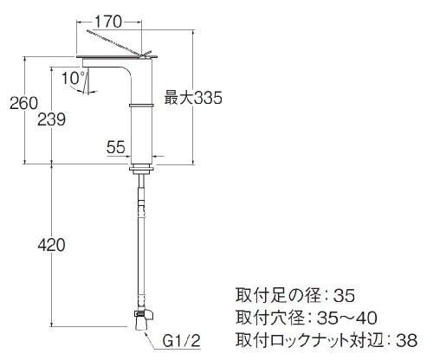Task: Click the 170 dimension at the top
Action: [x=108, y=22]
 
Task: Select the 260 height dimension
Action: [x=23, y=103]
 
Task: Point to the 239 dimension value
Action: [x=52, y=119]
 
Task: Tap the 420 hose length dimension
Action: [x=52, y=246]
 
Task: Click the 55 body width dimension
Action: [x=116, y=147]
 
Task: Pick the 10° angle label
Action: [x=74, y=78]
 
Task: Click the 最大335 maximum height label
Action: [x=193, y=98]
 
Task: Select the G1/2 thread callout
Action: [x=182, y=341]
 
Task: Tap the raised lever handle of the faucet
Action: [x=119, y=42]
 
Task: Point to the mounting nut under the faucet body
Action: [x=141, y=170]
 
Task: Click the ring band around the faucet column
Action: [x=141, y=106]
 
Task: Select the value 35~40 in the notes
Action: [x=346, y=318]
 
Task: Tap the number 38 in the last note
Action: [x=406, y=340]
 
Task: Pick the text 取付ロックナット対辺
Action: [x=311, y=340]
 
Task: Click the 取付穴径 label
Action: [x=270, y=318]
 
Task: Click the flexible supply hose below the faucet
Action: [x=141, y=242]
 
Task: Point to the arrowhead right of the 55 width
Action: [x=155, y=157]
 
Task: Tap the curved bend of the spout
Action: [x=127, y=72]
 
